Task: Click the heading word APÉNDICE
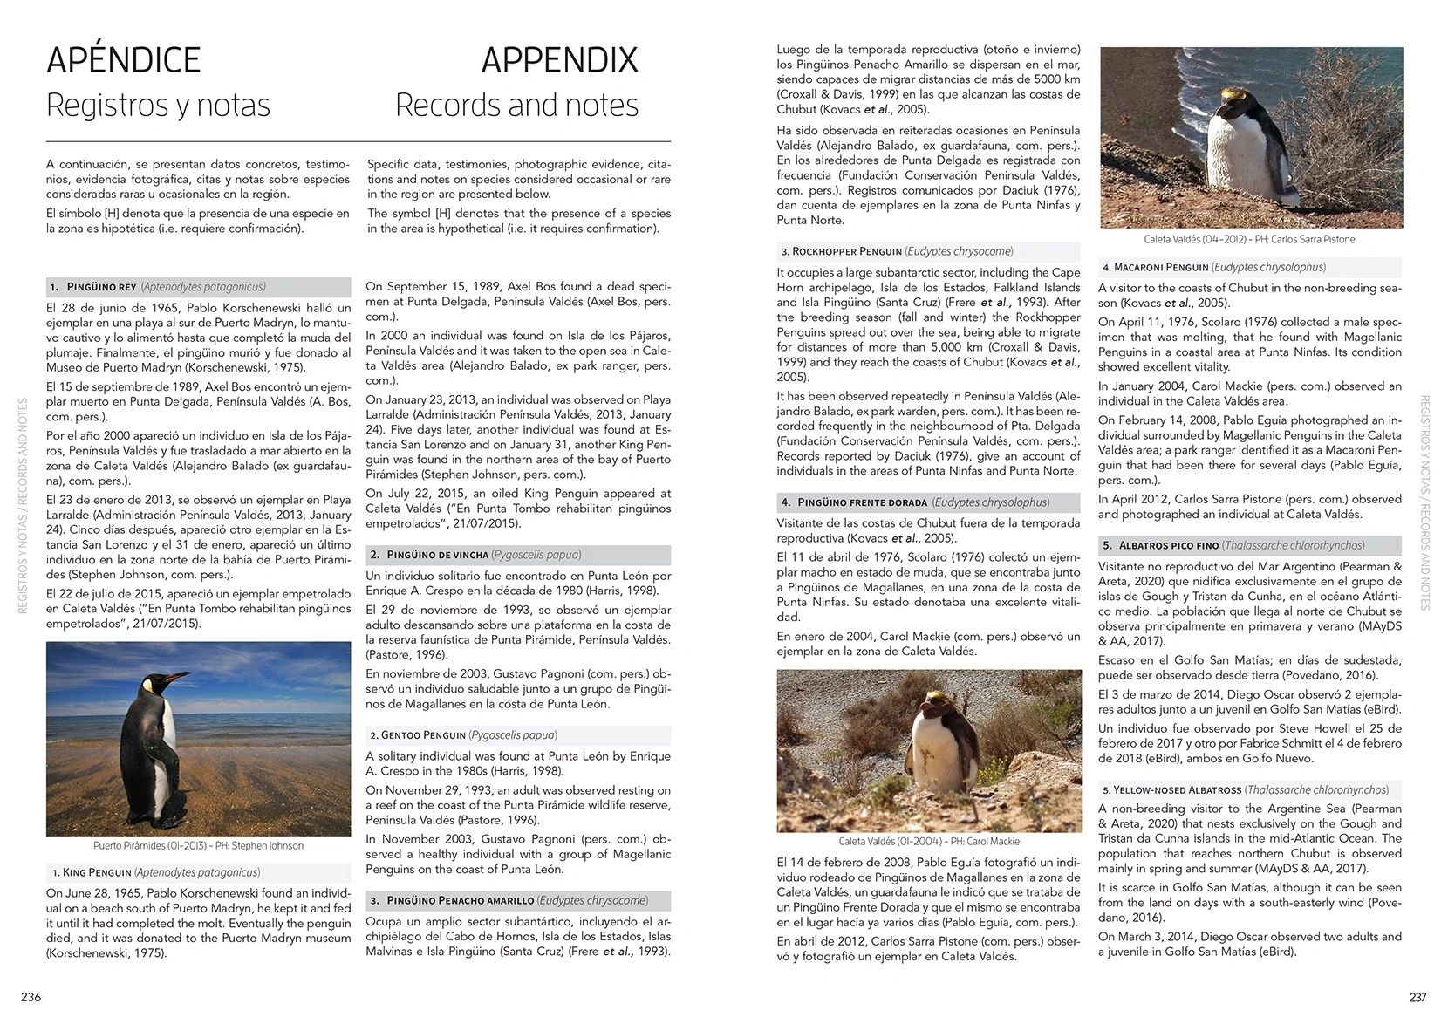pyautogui.click(x=123, y=60)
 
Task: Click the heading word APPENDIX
pyautogui.click(x=559, y=60)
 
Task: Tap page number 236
pyautogui.click(x=31, y=997)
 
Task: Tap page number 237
pyautogui.click(x=1417, y=997)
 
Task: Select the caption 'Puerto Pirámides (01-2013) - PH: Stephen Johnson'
pyautogui.click(x=198, y=845)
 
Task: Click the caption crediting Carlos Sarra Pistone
pyautogui.click(x=1249, y=239)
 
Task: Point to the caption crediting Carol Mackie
pyautogui.click(x=928, y=842)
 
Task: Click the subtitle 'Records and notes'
pyautogui.click(x=516, y=105)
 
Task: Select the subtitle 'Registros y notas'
pyautogui.click(x=158, y=105)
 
